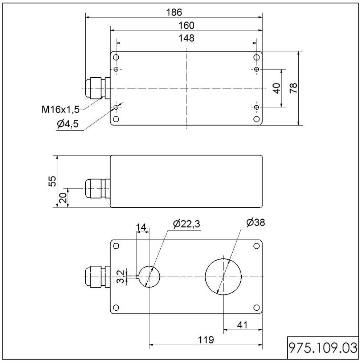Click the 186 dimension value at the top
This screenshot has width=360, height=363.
click(174, 12)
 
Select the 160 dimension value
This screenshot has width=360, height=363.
click(186, 25)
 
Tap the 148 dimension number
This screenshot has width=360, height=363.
click(186, 38)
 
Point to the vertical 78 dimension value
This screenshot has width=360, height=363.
click(294, 88)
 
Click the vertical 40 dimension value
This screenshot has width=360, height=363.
click(277, 88)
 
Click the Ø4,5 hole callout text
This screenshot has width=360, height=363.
click(67, 125)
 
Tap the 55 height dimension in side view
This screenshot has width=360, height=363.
click(53, 181)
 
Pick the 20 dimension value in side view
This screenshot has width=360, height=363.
click(63, 198)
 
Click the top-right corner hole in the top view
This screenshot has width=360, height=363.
click(256, 58)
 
